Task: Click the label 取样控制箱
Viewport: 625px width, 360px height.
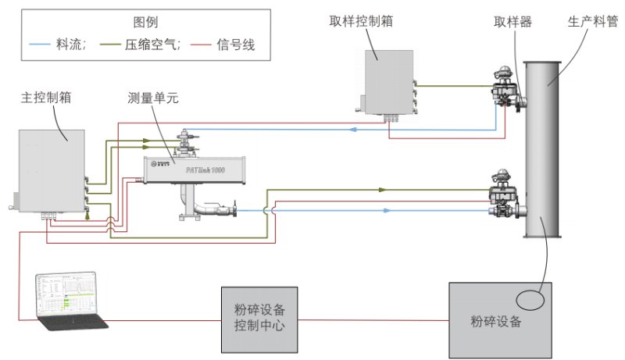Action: pos(360,22)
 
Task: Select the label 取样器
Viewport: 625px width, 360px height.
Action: pos(513,22)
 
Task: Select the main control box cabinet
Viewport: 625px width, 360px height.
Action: pos(49,170)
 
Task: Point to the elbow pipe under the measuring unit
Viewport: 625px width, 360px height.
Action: pos(205,209)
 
